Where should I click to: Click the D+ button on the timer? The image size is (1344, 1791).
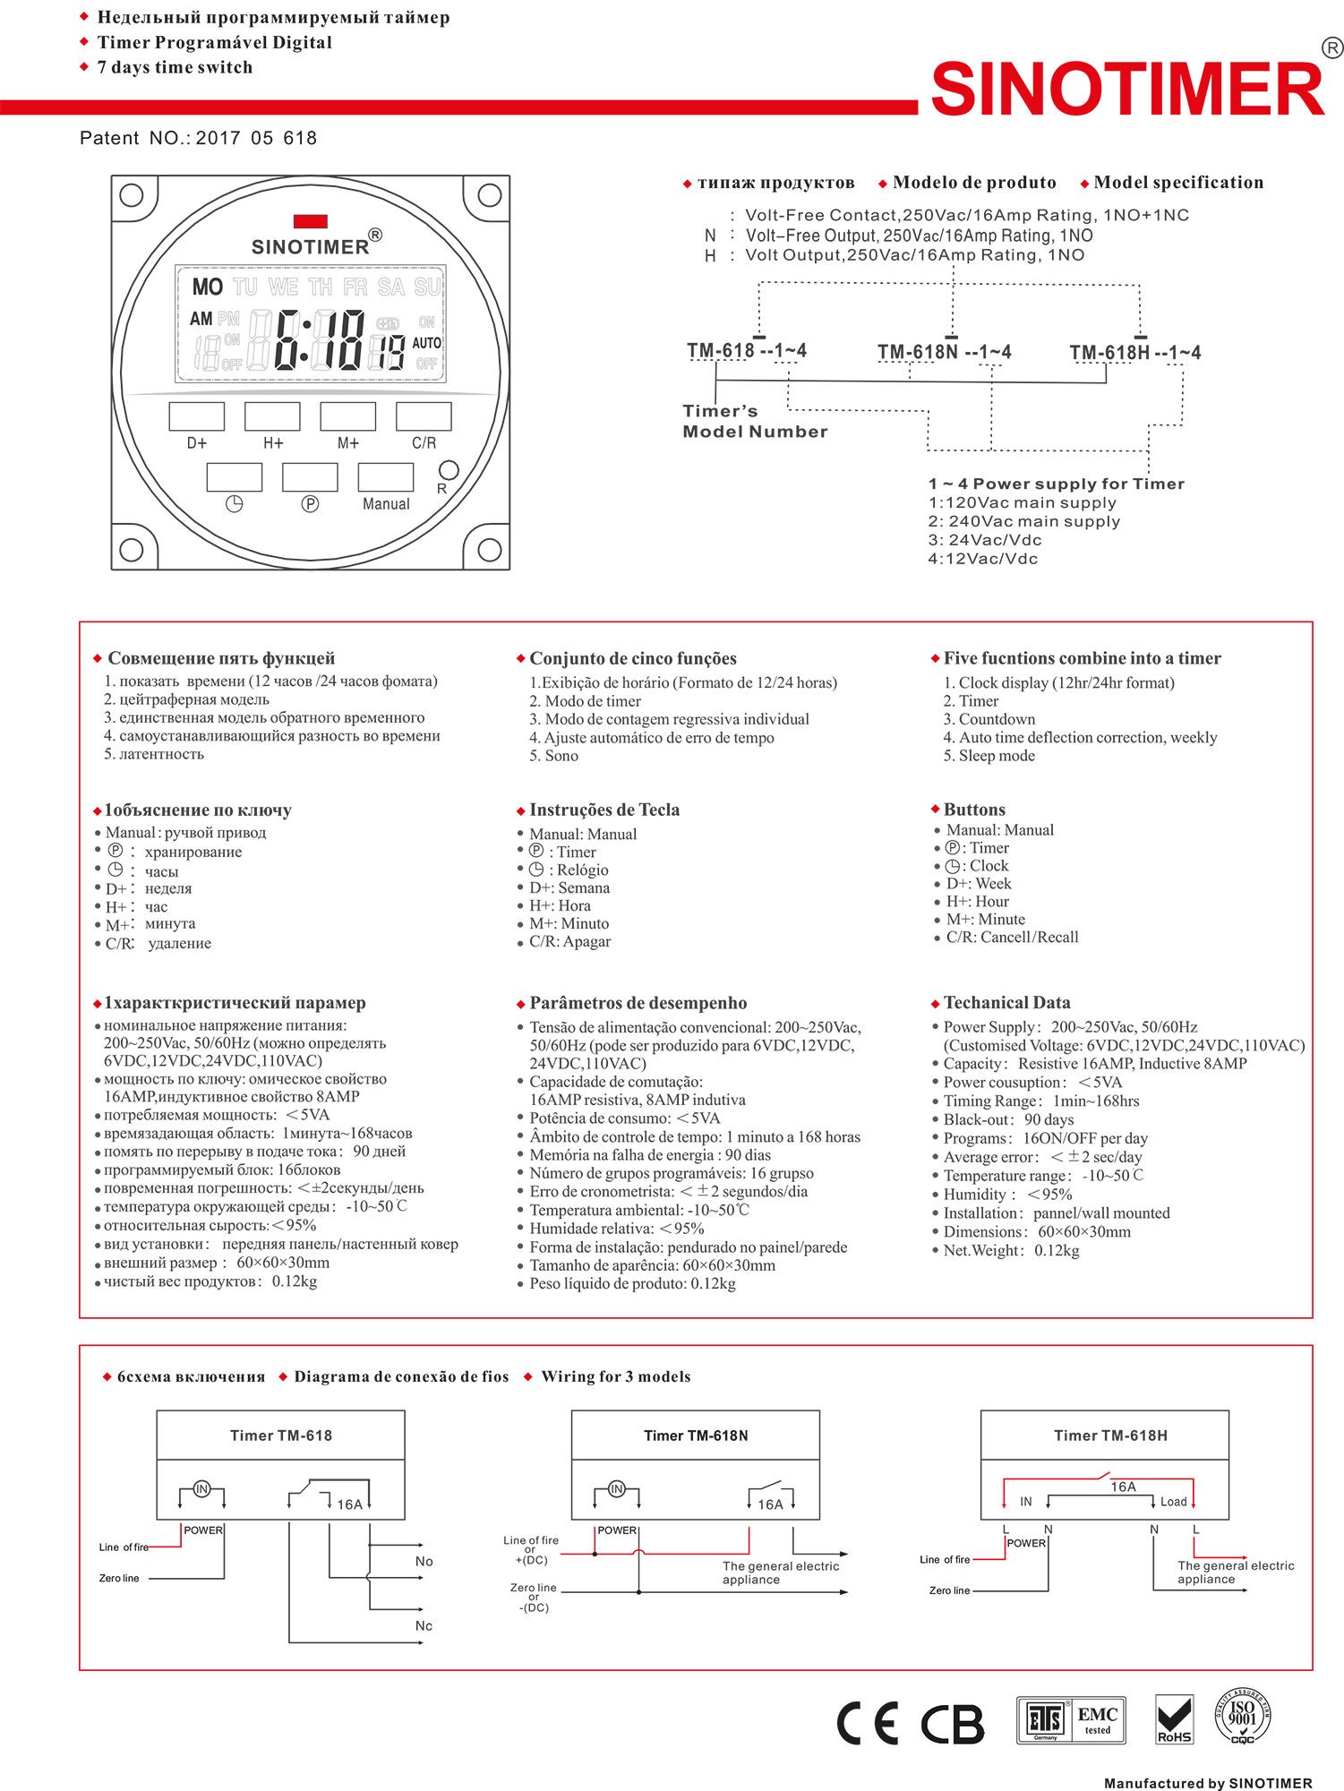click(197, 416)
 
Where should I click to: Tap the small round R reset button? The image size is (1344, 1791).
click(449, 470)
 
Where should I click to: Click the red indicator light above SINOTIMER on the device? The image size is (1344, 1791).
click(310, 221)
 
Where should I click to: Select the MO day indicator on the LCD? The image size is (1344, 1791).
click(207, 287)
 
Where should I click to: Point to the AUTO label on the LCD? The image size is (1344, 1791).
click(426, 343)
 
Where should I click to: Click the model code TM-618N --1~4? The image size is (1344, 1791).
click(944, 352)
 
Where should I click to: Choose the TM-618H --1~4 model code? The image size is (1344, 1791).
click(1134, 353)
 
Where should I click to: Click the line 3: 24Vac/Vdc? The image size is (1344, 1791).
click(984, 540)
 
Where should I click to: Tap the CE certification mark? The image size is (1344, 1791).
click(867, 1723)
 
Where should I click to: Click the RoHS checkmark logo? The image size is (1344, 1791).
click(1174, 1719)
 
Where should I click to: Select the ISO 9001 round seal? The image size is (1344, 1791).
click(1243, 1716)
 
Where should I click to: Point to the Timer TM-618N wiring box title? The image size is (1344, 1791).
click(696, 1435)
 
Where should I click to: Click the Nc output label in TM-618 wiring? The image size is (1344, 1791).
click(424, 1625)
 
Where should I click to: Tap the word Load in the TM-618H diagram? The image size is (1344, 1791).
click(1173, 1502)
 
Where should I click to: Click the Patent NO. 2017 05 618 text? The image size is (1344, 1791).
click(198, 138)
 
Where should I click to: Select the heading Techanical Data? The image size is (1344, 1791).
click(1006, 1003)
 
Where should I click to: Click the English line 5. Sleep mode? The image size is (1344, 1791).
click(989, 756)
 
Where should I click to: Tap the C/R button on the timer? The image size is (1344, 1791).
click(424, 416)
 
